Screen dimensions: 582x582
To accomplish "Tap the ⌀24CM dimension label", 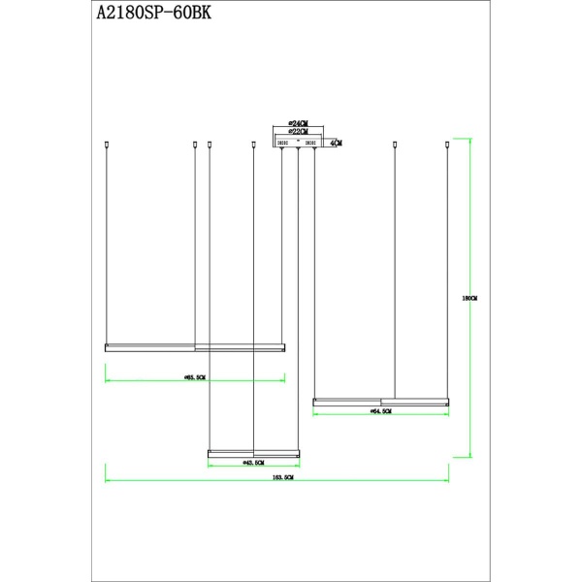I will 298,124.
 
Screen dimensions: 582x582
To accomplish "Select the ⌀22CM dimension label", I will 298,133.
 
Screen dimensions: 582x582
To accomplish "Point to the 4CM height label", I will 336,143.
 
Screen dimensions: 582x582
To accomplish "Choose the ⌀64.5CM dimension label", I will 380,411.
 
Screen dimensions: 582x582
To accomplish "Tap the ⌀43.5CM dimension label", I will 254,463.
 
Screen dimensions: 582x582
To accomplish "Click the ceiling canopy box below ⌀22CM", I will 298,143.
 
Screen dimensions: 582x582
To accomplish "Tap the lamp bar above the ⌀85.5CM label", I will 195,346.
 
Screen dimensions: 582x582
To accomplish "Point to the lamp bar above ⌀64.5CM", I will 380,401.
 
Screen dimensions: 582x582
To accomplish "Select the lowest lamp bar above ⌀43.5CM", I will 254,453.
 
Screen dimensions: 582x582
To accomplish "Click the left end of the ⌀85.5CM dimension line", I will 106,380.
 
